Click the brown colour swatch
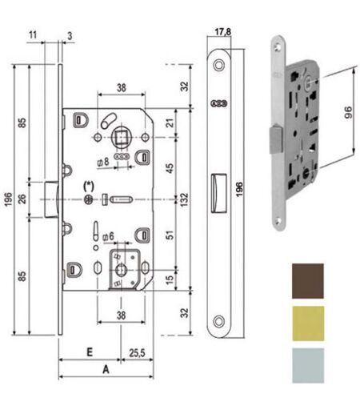(308, 281)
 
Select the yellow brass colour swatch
(308, 324)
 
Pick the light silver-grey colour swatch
(308, 365)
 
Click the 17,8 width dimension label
(223, 32)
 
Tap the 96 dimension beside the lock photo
(348, 112)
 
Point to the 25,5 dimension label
(137, 353)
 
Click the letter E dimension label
(90, 352)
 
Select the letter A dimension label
(106, 370)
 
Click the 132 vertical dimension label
(184, 199)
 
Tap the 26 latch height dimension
(22, 199)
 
